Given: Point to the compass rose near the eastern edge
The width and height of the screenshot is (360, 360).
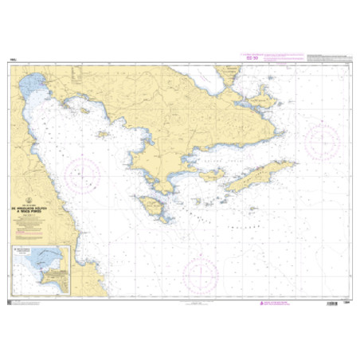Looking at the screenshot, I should point(323,143).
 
